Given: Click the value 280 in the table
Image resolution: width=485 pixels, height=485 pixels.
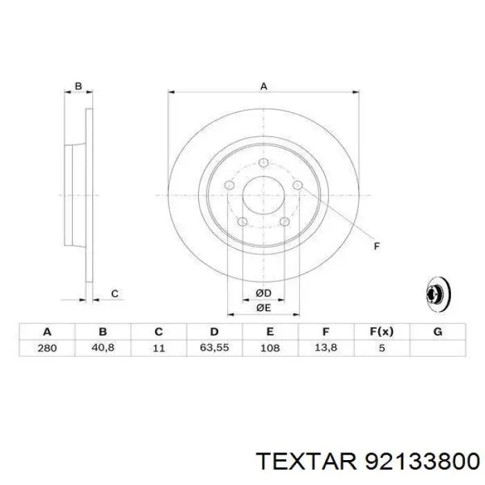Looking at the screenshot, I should coord(47,348).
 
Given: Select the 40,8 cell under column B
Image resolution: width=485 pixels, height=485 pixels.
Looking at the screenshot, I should coord(103,348).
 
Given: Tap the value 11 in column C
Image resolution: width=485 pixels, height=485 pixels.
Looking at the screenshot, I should coord(158,348).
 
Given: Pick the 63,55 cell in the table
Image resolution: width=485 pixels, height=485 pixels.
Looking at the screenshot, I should coord(214,348).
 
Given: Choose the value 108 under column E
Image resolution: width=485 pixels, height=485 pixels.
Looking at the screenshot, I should coord(270,348).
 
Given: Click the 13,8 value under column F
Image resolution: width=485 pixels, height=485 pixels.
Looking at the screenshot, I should coord(326,348).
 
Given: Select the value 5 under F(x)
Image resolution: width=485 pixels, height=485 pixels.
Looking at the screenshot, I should coord(381,348).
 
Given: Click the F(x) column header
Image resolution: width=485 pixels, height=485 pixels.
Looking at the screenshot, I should coord(381,332).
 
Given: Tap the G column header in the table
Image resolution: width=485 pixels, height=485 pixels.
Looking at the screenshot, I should coord(437,332).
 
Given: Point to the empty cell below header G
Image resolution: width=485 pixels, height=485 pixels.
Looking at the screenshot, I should coord(437,348).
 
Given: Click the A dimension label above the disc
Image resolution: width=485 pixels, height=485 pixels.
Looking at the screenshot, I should coord(263,86).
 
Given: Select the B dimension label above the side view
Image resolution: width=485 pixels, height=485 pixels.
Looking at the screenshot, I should coord(78,86).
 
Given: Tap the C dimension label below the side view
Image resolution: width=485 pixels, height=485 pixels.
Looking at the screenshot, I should coord(115,294).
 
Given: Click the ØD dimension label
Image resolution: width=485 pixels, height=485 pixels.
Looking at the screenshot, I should coord(263,294).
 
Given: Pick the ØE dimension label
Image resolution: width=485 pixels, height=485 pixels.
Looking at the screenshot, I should coord(263,308).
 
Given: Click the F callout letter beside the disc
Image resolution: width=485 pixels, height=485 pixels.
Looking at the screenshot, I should coord(377,246).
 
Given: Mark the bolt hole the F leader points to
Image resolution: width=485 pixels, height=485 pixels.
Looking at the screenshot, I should coord(297,186).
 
